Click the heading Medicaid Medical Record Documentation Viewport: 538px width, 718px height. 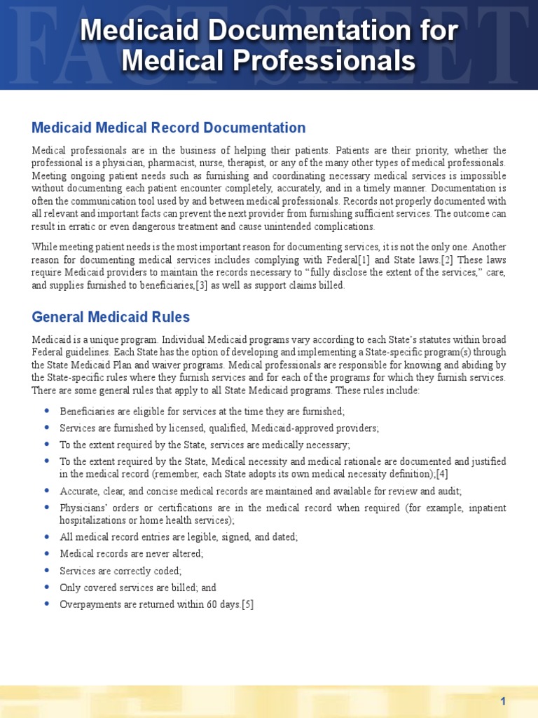click(x=169, y=128)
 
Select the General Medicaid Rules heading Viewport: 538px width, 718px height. click(x=111, y=317)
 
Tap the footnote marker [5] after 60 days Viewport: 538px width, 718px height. click(x=247, y=604)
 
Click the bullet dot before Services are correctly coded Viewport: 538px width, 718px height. click(x=46, y=571)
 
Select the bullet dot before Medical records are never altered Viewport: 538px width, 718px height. click(x=46, y=553)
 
